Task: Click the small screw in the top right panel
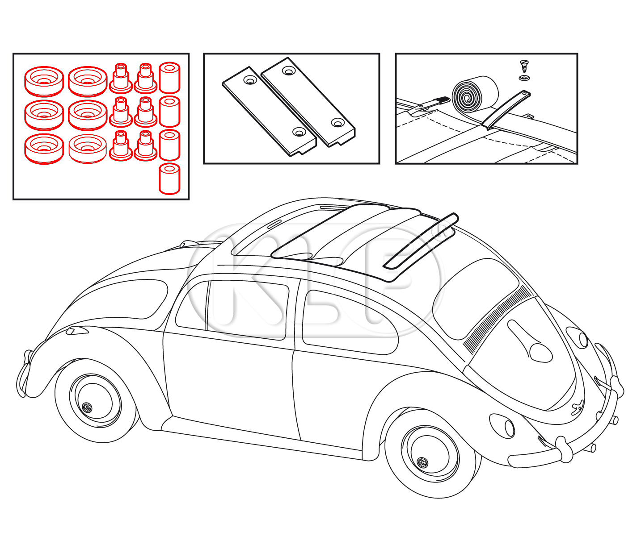click(524, 66)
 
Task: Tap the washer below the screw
click(524, 78)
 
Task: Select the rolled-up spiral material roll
click(475, 93)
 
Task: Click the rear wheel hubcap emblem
click(87, 407)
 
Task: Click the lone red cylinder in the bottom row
click(169, 179)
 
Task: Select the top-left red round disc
click(44, 81)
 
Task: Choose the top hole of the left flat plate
click(250, 81)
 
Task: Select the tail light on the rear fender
click(77, 330)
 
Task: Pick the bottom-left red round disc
click(44, 149)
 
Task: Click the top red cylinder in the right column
click(169, 78)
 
